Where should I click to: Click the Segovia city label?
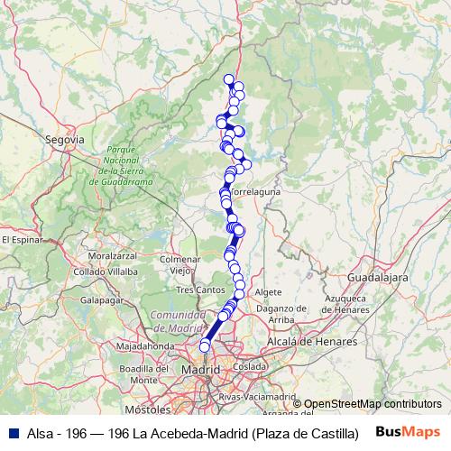(x=64, y=140)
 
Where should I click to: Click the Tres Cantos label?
(x=200, y=290)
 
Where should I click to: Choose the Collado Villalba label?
(x=106, y=271)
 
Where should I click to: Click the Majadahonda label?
(x=144, y=345)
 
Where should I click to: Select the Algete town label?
(x=268, y=293)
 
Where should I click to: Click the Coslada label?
(x=249, y=367)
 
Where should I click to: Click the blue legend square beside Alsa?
(x=11, y=433)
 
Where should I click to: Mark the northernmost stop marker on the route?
(x=229, y=78)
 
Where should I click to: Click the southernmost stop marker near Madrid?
(x=205, y=346)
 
